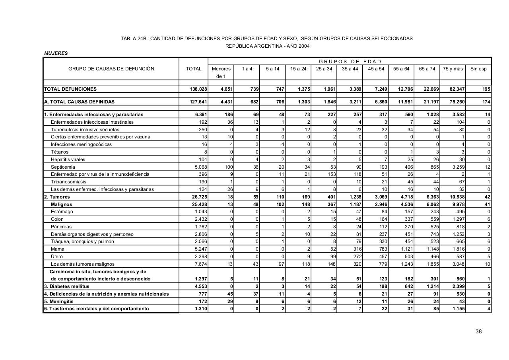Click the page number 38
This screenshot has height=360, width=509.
click(x=478, y=331)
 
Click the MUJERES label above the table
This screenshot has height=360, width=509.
click(x=56, y=53)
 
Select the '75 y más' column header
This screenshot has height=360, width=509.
click(x=453, y=69)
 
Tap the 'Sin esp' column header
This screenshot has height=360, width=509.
click(x=478, y=69)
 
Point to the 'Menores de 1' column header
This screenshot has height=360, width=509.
click(x=221, y=72)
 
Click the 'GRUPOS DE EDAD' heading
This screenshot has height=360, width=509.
click(x=350, y=61)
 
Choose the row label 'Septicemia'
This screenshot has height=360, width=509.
click(x=63, y=167)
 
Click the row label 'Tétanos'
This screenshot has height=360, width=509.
click(x=60, y=152)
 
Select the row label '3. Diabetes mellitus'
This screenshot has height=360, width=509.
click(x=66, y=286)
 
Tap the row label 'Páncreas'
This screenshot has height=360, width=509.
click(x=61, y=227)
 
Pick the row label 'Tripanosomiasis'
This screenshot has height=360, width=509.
click(x=68, y=182)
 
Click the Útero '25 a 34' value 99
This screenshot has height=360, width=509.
click(x=333, y=257)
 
